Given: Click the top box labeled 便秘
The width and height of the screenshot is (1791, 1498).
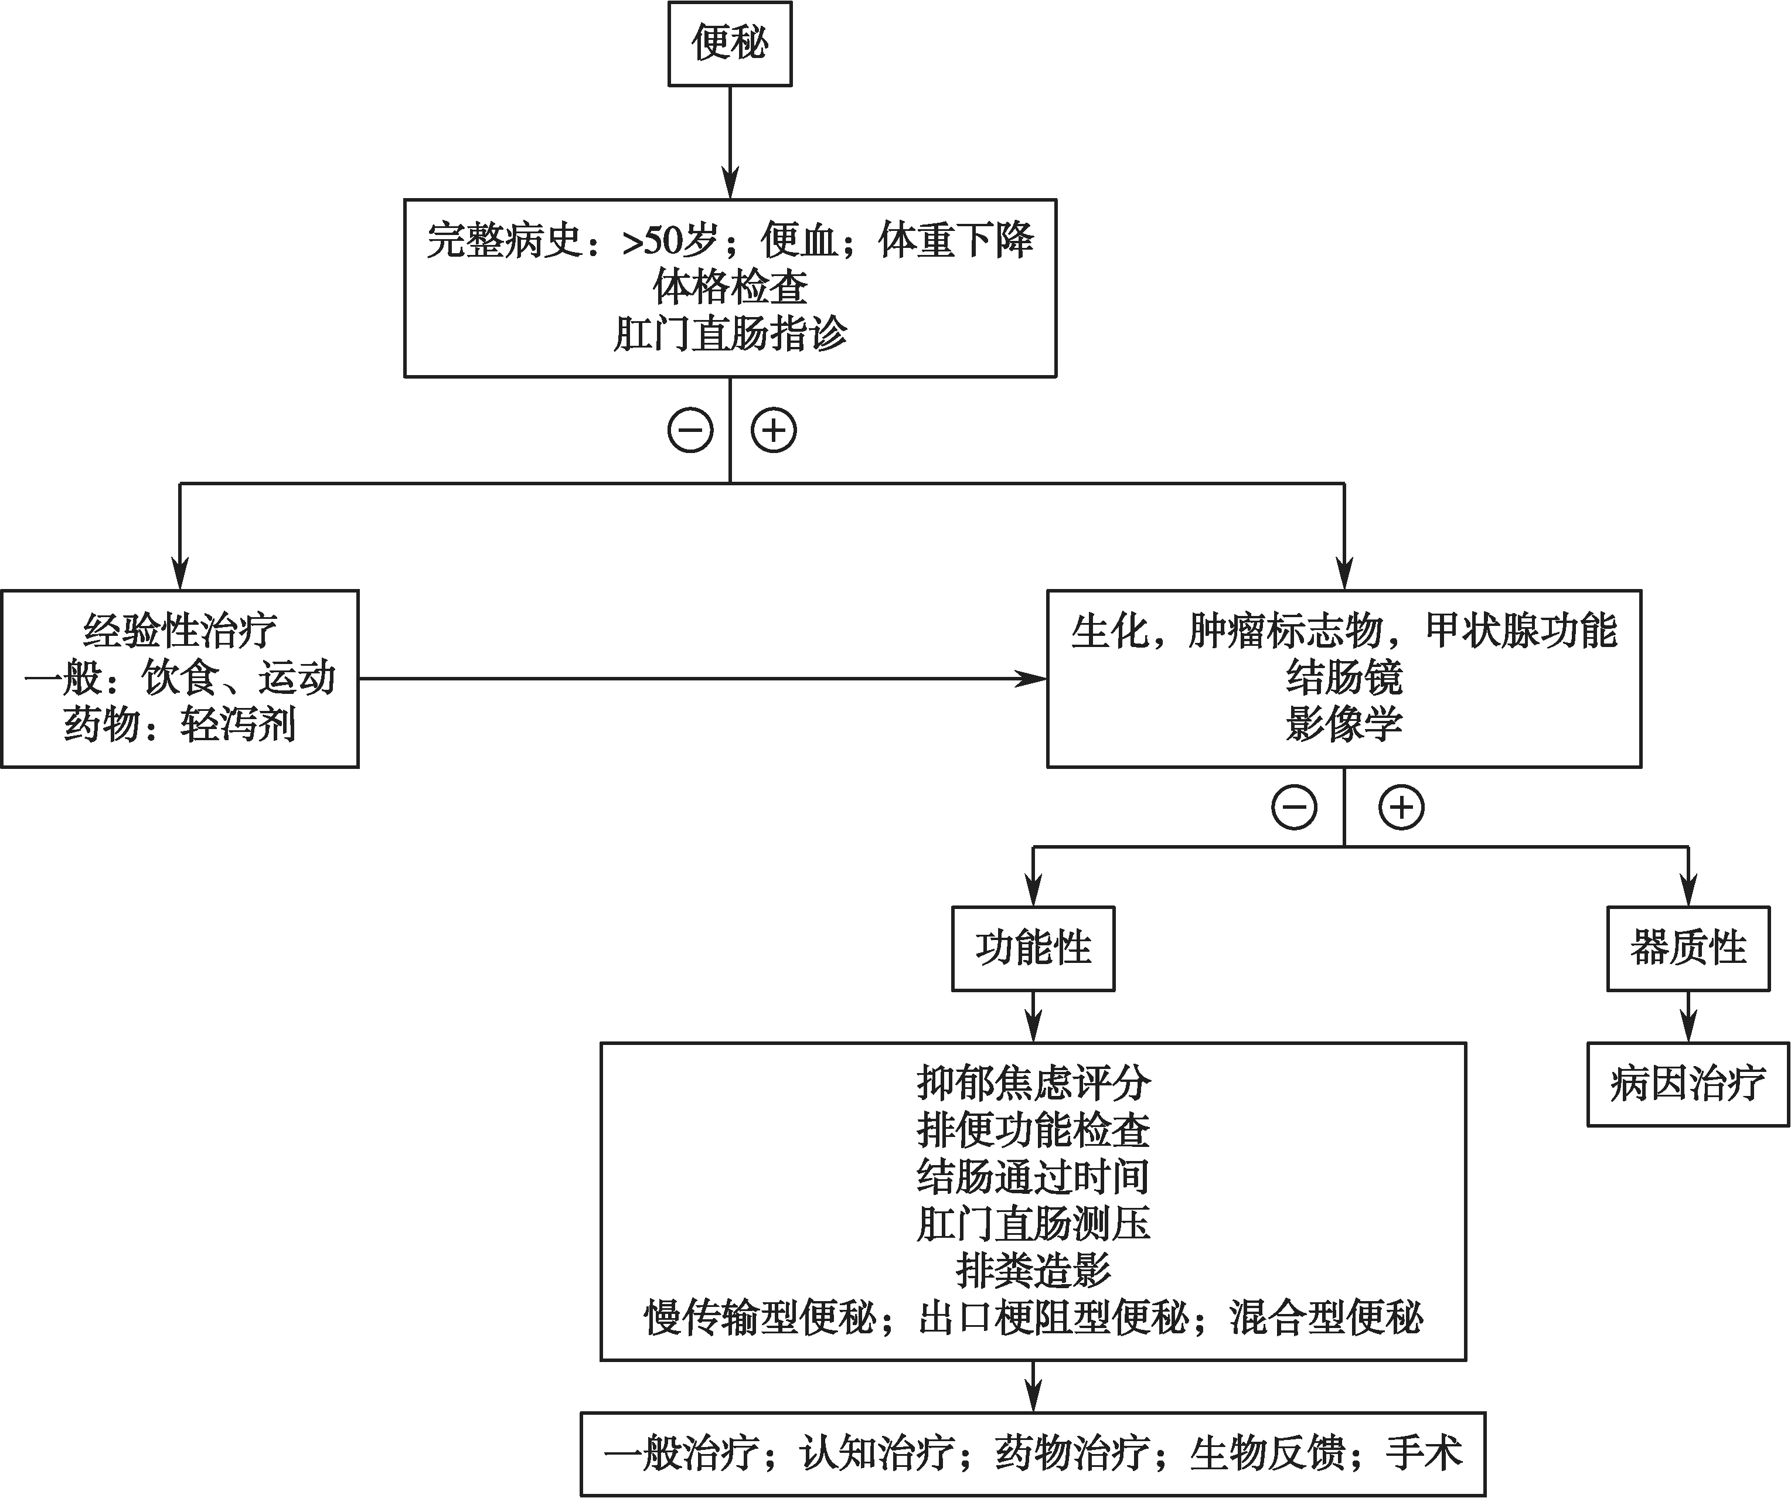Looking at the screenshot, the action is (x=730, y=43).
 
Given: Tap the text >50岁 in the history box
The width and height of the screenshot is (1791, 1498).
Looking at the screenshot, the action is (x=670, y=240).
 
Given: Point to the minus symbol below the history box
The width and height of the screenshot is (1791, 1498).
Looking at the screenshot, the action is (x=690, y=430).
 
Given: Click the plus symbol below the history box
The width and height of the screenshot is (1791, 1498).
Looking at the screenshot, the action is (x=774, y=430).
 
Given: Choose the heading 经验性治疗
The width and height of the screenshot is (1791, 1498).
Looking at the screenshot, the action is (x=180, y=631).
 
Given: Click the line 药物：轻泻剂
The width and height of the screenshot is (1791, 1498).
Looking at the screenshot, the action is (x=180, y=725).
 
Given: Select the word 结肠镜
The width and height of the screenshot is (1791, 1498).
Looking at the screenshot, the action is (x=1344, y=678).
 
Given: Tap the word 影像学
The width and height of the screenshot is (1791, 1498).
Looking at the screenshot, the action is (x=1344, y=725).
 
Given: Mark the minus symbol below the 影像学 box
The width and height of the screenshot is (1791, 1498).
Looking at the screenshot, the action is (x=1295, y=807).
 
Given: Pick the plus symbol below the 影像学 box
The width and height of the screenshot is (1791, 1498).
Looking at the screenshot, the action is (x=1402, y=807).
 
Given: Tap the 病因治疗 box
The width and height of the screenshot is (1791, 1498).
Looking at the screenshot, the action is (x=1688, y=1084).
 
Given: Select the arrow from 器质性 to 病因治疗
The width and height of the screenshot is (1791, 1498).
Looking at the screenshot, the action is (x=1688, y=1016).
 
